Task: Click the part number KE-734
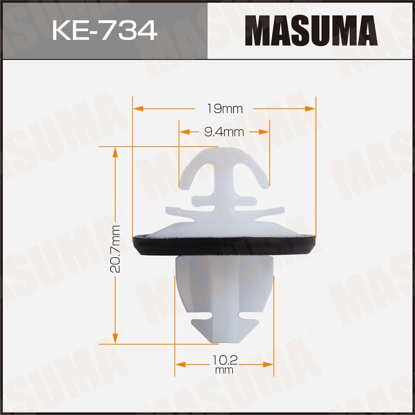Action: click(x=105, y=30)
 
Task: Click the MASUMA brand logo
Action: click(x=311, y=30)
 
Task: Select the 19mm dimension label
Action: click(x=224, y=109)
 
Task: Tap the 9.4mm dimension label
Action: click(x=224, y=132)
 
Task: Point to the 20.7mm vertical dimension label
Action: click(x=116, y=249)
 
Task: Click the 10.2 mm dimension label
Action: click(x=224, y=364)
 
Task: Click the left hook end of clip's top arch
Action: click(x=184, y=184)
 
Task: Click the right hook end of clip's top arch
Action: click(x=264, y=184)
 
